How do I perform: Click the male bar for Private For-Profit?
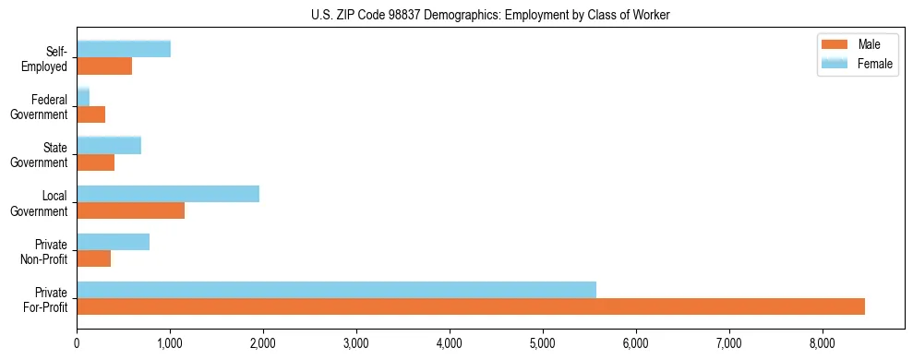(x=471, y=306)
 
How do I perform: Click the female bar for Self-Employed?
(x=124, y=49)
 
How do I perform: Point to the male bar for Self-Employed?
(x=104, y=66)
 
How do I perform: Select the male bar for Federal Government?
(x=90, y=114)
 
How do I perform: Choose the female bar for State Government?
(x=109, y=145)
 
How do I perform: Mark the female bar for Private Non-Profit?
(x=113, y=242)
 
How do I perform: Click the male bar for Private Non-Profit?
(x=93, y=258)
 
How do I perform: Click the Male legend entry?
(x=868, y=44)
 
